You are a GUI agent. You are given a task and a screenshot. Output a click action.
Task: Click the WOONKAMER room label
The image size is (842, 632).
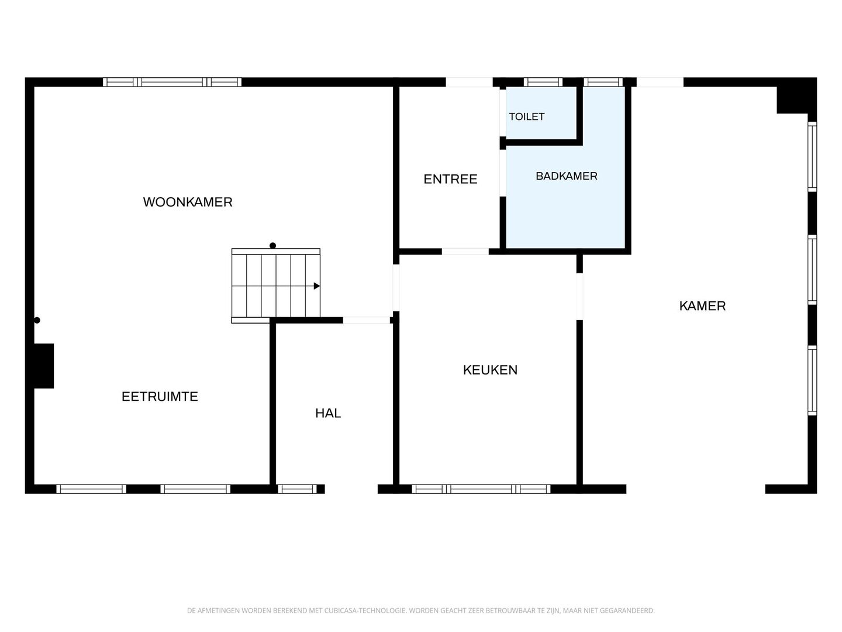click(x=188, y=202)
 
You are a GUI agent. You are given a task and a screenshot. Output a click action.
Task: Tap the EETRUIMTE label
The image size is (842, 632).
click(x=160, y=396)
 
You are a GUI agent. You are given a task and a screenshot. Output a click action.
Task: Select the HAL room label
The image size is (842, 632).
click(x=328, y=413)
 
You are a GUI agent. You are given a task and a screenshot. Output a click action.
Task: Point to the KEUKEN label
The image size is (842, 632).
click(x=490, y=369)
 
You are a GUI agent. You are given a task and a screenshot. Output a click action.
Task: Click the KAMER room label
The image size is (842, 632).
click(x=702, y=306)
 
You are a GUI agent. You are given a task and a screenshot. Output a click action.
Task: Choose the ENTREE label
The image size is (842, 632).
click(x=450, y=179)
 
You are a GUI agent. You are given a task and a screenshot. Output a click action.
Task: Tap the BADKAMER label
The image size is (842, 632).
click(x=567, y=176)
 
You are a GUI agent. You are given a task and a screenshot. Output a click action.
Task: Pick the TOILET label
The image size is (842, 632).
click(x=527, y=116)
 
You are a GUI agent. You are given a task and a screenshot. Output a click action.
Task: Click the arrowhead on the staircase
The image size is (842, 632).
click(x=317, y=286)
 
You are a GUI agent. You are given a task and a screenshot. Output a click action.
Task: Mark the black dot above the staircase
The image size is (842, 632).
click(x=272, y=246)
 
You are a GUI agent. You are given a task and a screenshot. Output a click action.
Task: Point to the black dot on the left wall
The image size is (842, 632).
click(x=37, y=320)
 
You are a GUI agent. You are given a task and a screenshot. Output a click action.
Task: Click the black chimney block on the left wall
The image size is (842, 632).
click(x=44, y=366)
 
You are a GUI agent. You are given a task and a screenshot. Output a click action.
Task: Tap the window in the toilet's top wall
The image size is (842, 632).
click(x=543, y=82)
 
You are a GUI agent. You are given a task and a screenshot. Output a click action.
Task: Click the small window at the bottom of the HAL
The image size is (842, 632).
click(x=297, y=489)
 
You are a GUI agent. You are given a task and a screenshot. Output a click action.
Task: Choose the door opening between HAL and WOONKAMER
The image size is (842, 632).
click(x=367, y=321)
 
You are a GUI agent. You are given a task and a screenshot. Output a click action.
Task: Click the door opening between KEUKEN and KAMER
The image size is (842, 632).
click(x=579, y=296)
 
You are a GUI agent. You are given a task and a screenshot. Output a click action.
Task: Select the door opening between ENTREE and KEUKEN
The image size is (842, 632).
click(x=465, y=252)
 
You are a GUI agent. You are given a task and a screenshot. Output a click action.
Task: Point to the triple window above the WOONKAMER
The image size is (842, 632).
click(x=172, y=82)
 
